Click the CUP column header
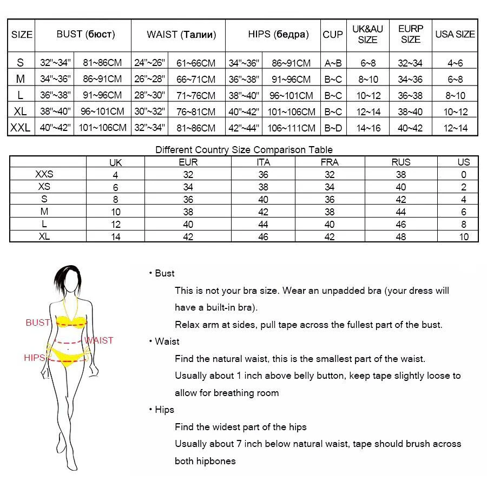point(333,35)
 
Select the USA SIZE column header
point(455,35)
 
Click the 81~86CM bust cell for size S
point(102,63)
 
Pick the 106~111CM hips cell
point(291,128)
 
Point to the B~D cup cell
point(333,128)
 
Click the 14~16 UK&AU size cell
point(367,128)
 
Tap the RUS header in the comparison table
point(401,162)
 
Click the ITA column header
point(263,162)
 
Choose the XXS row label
point(44,175)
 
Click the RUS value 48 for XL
point(401,236)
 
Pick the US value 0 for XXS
point(464,175)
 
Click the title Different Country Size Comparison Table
point(244,150)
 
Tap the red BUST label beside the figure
point(38,323)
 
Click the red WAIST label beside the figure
point(99,340)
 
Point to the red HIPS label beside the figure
point(34,358)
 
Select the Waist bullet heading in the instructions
point(167,341)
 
